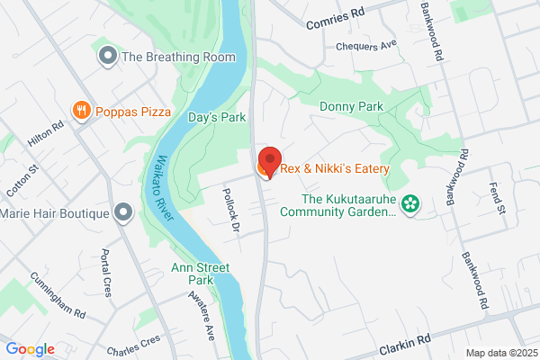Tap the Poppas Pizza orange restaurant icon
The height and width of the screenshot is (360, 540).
click(82, 111)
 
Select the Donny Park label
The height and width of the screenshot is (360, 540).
click(351, 106)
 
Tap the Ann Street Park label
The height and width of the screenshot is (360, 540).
click(201, 274)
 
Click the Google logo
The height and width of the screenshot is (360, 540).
click(30, 349)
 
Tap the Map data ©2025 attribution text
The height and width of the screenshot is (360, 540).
click(500, 352)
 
